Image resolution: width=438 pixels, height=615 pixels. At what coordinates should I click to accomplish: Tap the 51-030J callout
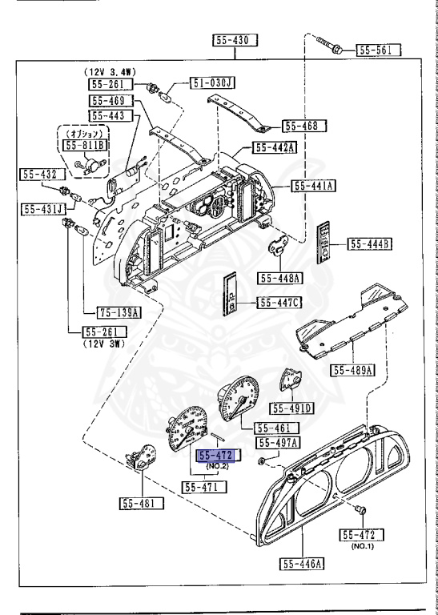(x=211, y=82)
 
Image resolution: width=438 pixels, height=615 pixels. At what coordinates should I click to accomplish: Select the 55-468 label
(x=302, y=125)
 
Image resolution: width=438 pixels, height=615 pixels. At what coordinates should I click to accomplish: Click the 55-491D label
(x=292, y=408)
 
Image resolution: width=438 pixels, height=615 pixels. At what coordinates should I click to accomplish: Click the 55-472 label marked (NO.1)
(x=362, y=534)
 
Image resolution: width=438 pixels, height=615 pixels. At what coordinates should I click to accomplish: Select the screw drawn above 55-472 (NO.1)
(x=358, y=509)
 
